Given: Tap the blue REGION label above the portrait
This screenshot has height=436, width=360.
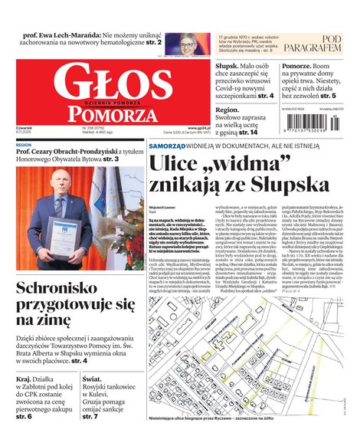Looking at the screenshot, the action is (x=24, y=144).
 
